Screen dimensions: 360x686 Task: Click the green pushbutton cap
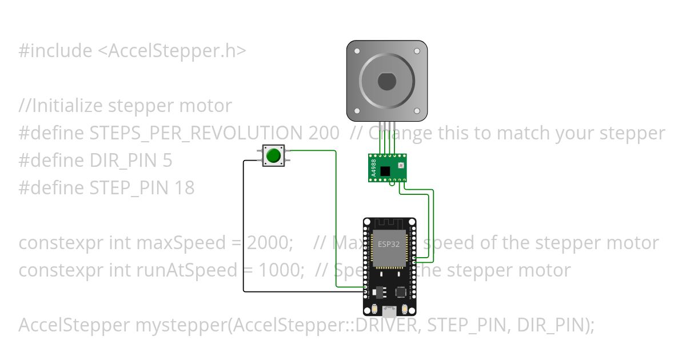[x=274, y=155]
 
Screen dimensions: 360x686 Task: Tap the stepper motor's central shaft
[x=386, y=81]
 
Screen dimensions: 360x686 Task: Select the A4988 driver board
[x=386, y=167]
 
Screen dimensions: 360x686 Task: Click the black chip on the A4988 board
[x=386, y=170]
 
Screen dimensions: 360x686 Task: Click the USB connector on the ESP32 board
[x=389, y=311]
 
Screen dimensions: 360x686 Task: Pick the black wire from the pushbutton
[x=244, y=229]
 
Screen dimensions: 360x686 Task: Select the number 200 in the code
[x=323, y=133]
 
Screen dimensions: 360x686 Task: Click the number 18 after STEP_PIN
[x=185, y=187]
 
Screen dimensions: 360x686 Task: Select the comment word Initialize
[x=66, y=106]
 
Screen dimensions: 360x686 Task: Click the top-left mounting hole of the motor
[x=357, y=51]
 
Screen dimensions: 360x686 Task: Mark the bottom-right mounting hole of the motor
[x=417, y=111]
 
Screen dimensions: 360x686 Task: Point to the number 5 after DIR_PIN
[x=167, y=161]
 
